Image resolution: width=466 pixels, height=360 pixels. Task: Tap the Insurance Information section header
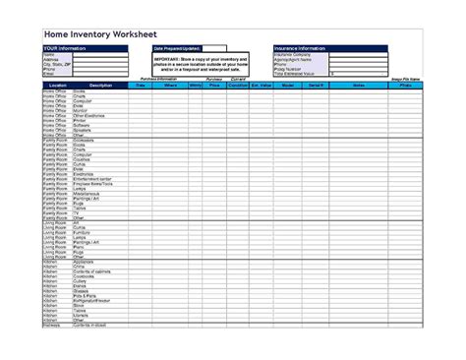click(299, 47)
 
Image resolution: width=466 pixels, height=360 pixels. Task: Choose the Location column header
click(57, 86)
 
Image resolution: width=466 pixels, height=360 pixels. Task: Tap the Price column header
click(213, 86)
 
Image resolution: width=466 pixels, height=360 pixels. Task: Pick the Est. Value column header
click(261, 86)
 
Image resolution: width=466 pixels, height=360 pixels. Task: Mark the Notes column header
click(358, 86)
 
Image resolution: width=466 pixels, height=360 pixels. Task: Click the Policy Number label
click(291, 68)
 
